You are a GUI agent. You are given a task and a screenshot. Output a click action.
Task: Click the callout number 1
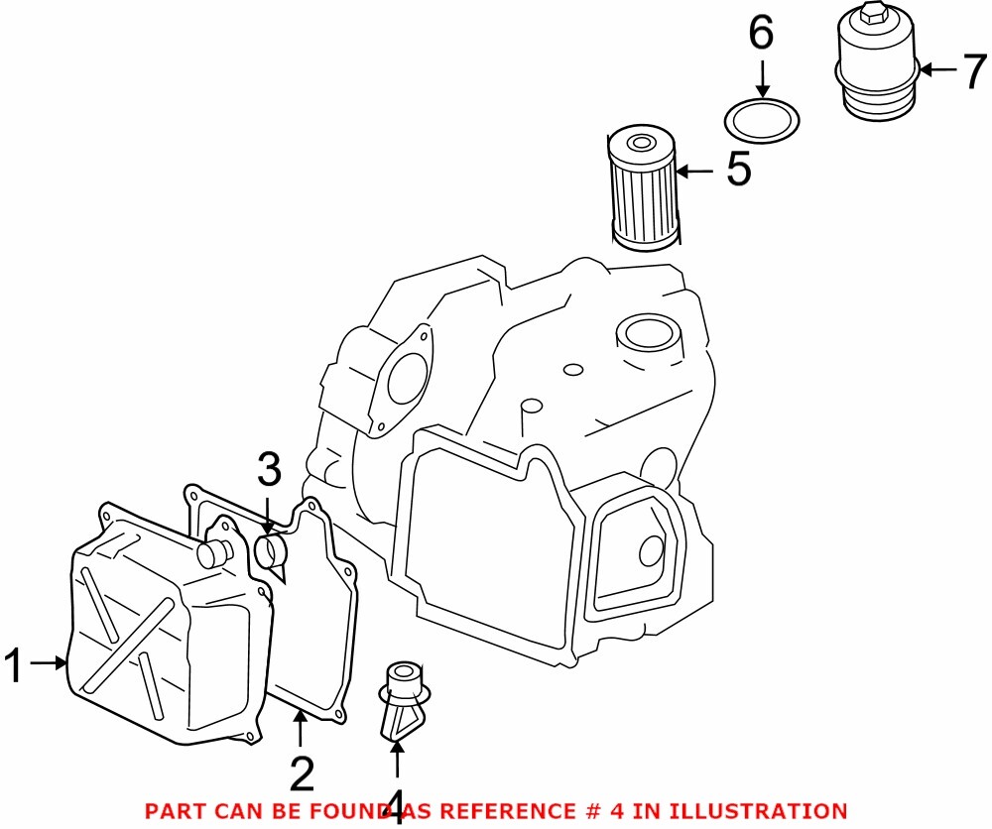[x=15, y=665]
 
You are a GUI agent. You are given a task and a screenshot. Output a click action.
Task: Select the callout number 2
[x=301, y=772]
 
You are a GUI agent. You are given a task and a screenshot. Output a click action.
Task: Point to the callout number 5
[x=738, y=171]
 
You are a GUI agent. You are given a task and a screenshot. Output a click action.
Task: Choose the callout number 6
[x=761, y=35]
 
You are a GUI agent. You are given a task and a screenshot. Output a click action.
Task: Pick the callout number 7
[x=975, y=71]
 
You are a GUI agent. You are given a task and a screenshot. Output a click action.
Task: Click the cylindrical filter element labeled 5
[x=642, y=188]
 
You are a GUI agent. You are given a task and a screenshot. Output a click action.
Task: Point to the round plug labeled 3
[x=270, y=551]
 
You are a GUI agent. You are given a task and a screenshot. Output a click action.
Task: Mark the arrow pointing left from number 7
[x=937, y=70]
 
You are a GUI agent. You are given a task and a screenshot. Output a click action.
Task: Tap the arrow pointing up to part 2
[x=300, y=731]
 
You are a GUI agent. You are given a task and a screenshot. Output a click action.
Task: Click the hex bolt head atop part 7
[x=873, y=13]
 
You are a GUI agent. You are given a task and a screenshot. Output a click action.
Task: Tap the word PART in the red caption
[x=172, y=811]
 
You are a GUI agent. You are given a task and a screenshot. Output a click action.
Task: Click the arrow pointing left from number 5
[x=695, y=172]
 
